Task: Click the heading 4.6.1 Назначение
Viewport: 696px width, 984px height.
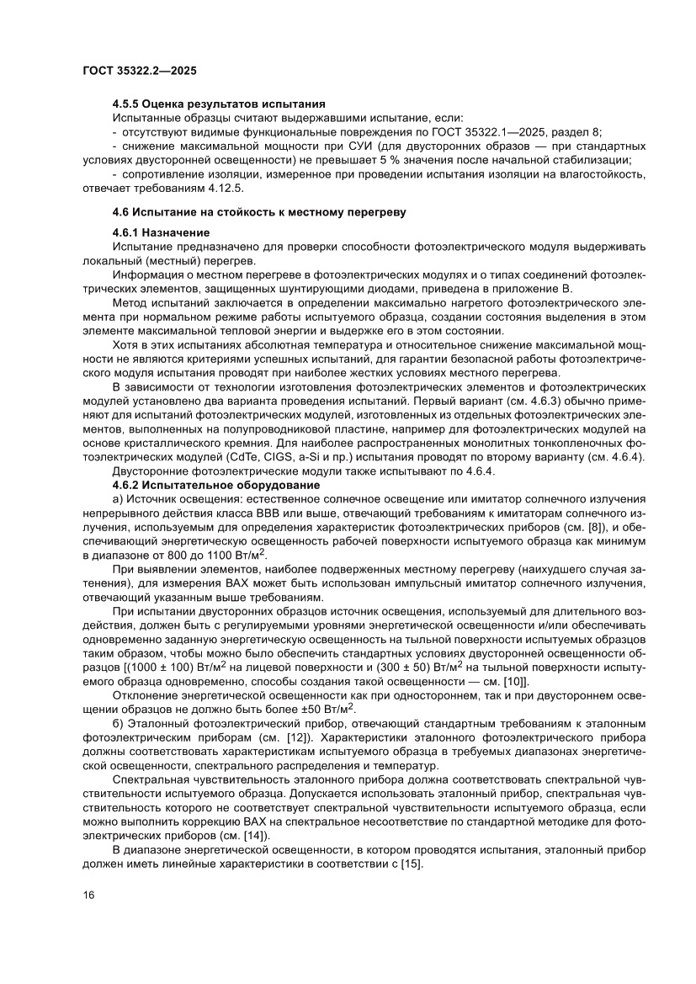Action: point(161,231)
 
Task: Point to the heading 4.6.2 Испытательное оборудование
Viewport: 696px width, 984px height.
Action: point(215,485)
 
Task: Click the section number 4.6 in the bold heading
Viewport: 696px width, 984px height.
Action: point(122,212)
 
